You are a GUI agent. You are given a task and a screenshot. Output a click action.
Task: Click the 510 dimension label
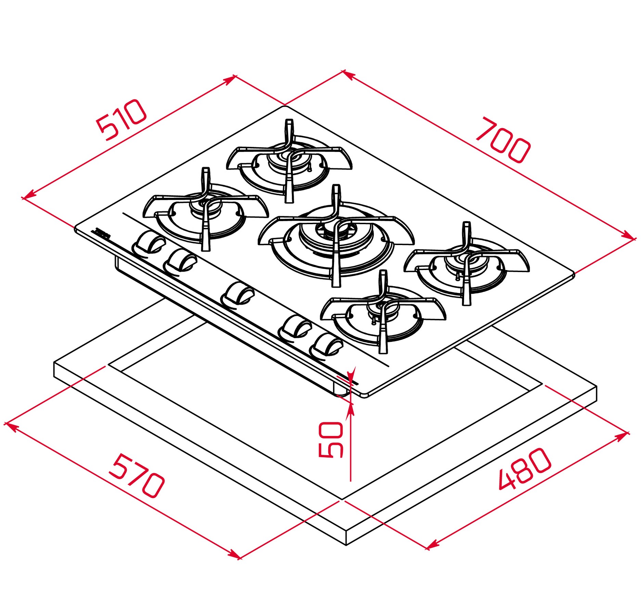[122, 120]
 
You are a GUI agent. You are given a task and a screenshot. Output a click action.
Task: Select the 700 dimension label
[503, 140]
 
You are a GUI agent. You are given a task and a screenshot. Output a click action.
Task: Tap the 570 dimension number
[136, 476]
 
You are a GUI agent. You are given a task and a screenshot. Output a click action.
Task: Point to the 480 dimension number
[524, 468]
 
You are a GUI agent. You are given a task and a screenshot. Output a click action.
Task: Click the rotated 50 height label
[331, 439]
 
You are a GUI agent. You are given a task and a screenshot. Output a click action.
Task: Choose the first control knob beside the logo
[148, 244]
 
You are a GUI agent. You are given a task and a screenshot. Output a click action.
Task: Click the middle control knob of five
[238, 294]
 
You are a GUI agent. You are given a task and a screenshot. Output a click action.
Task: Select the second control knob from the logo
[180, 262]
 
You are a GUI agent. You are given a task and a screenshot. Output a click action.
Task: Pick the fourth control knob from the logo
[295, 327]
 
